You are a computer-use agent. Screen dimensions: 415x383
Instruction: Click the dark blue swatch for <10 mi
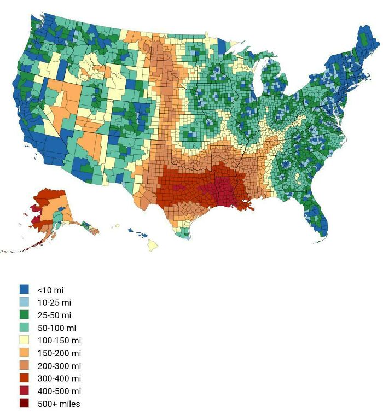(24, 290)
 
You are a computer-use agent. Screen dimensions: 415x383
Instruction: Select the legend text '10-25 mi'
(54, 302)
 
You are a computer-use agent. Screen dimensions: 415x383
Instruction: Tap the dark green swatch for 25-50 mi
(24, 315)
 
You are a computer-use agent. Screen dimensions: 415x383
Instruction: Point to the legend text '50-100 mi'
(56, 328)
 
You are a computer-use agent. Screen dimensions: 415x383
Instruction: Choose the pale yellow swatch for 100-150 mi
(24, 341)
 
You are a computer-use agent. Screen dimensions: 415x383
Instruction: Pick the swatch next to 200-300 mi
(24, 366)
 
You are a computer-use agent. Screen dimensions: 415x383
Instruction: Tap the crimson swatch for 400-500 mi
(24, 391)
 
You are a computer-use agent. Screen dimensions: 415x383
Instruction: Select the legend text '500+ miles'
(59, 404)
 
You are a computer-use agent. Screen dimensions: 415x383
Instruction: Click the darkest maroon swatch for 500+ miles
(24, 404)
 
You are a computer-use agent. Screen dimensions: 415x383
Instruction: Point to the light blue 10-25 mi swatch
(24, 302)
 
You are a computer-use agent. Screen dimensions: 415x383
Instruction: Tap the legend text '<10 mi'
(50, 290)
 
